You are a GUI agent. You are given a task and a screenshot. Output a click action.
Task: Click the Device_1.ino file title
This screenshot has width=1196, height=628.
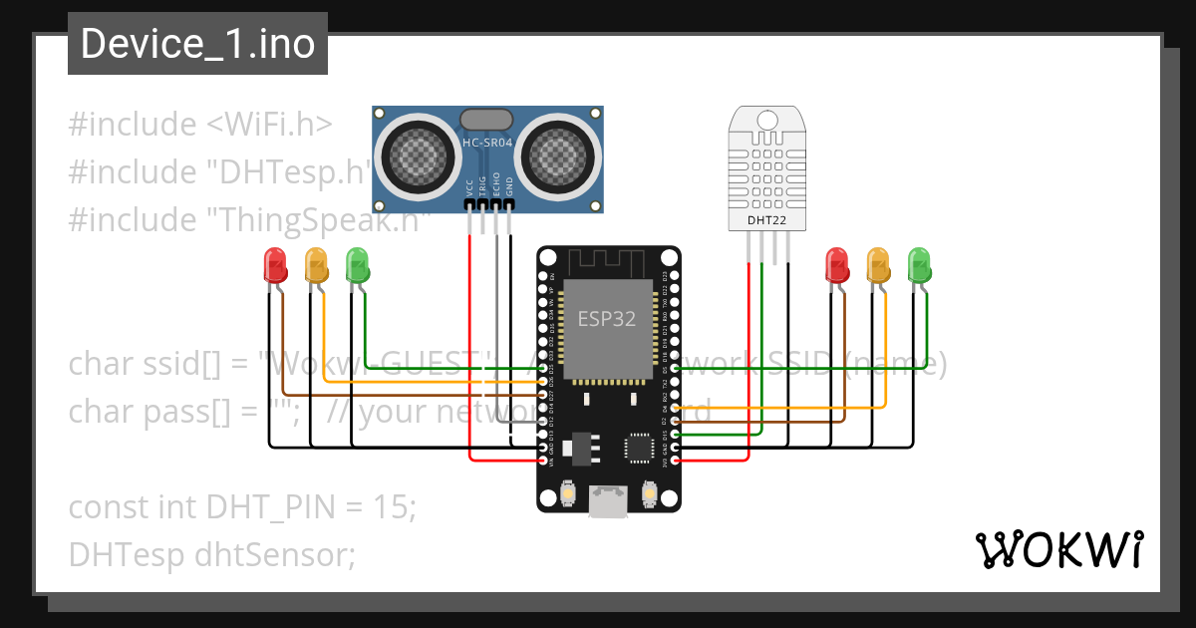coord(197,44)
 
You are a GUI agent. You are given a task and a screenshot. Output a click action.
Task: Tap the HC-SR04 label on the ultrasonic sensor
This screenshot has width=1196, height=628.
coord(486,144)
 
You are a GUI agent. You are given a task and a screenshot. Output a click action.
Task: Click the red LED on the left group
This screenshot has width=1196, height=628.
coord(274,265)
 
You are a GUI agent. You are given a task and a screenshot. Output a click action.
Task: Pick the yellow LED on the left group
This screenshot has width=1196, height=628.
coord(316,265)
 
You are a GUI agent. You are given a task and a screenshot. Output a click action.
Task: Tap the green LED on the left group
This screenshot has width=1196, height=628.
coord(357,265)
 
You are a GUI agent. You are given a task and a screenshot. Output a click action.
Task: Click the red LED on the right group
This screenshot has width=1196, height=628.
coord(836,265)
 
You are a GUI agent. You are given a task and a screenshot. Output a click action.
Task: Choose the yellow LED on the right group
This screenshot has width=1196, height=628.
coord(878,265)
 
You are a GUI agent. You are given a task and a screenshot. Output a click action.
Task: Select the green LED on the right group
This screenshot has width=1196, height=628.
coord(919,265)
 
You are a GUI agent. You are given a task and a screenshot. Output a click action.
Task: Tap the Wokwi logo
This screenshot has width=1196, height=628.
coord(1058,549)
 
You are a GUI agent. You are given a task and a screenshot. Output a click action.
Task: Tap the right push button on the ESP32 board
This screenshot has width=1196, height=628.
coord(648,494)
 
